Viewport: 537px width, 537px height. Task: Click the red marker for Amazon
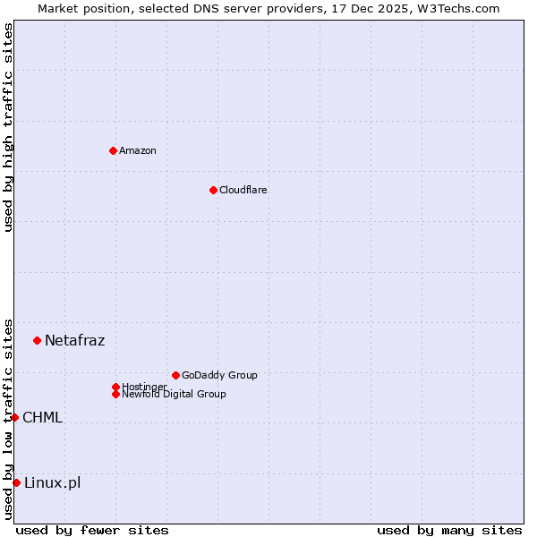pyautogui.click(x=113, y=150)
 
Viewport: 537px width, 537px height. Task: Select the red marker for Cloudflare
pyautogui.click(x=213, y=190)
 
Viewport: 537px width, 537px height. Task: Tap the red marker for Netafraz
pyautogui.click(x=37, y=340)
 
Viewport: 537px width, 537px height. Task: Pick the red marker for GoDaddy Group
pyautogui.click(x=175, y=375)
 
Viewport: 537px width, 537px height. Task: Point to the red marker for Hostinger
pyautogui.click(x=115, y=387)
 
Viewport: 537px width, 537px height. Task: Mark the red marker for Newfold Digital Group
pyautogui.click(x=115, y=394)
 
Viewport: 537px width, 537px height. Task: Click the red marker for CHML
pyautogui.click(x=14, y=417)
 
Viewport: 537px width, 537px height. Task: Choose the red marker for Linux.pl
pyautogui.click(x=16, y=483)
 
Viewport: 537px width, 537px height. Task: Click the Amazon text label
pyautogui.click(x=138, y=150)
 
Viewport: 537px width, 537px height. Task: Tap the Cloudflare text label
pyautogui.click(x=243, y=190)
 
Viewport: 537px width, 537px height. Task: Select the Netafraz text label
pyautogui.click(x=74, y=340)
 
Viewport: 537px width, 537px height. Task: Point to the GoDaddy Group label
pyautogui.click(x=219, y=375)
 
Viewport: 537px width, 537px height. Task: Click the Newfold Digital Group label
pyautogui.click(x=175, y=395)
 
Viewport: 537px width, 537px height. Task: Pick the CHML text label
pyautogui.click(x=42, y=417)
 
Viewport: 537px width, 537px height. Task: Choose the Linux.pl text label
pyautogui.click(x=52, y=483)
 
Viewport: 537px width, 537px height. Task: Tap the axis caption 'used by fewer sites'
pyautogui.click(x=92, y=530)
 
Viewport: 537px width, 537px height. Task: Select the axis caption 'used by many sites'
pyautogui.click(x=449, y=530)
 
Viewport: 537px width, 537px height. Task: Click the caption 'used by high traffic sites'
pyautogui.click(x=8, y=127)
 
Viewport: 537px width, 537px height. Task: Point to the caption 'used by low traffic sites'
pyautogui.click(x=8, y=419)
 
